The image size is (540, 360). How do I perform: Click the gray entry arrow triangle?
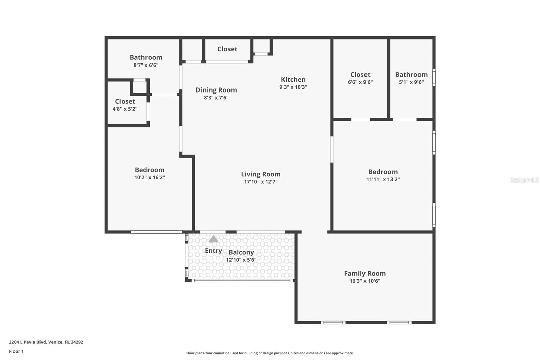(213, 239)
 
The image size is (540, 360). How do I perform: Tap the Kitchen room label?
(293, 80)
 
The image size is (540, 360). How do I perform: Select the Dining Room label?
(216, 90)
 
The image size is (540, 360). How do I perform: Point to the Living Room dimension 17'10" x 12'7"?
(261, 182)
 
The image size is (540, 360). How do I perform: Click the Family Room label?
(364, 274)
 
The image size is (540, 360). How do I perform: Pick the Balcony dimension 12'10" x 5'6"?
(241, 260)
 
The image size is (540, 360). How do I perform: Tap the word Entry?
(213, 251)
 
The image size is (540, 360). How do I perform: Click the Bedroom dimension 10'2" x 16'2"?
(150, 177)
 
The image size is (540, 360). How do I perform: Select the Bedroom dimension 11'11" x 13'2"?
(383, 179)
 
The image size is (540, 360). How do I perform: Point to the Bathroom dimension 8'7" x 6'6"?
(146, 65)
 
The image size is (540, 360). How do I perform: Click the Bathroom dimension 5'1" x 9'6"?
(411, 82)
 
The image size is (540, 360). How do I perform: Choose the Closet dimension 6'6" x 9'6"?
(360, 82)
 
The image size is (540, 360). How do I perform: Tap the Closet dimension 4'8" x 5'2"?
(125, 109)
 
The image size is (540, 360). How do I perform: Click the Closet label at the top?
(227, 49)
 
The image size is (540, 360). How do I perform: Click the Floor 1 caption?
(16, 351)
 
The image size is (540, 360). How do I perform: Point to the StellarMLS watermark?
(524, 180)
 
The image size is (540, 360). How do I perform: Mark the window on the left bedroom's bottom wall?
(156, 232)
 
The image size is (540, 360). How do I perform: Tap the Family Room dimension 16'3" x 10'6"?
(364, 281)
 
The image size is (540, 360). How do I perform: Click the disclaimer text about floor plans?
(270, 353)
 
